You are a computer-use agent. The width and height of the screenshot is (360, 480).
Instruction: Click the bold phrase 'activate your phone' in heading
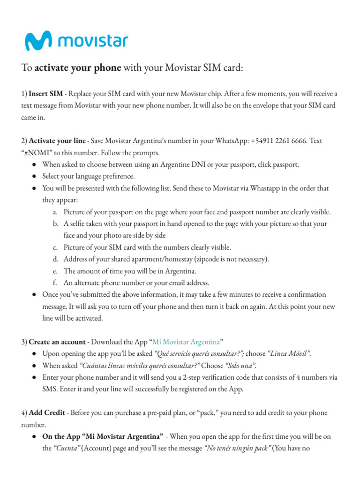tap(78, 68)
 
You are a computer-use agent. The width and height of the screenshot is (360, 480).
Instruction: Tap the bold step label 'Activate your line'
tap(57, 141)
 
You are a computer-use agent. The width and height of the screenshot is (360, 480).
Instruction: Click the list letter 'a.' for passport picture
tap(56, 212)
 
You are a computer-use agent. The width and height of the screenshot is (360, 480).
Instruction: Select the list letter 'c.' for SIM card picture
tap(56, 247)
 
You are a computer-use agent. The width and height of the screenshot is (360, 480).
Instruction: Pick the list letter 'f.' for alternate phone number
tap(56, 283)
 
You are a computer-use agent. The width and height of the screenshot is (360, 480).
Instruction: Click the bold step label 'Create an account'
tap(57, 342)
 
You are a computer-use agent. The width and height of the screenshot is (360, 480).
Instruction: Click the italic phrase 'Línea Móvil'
tap(289, 353)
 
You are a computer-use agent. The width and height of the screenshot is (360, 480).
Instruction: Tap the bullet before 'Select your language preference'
tap(35, 176)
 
